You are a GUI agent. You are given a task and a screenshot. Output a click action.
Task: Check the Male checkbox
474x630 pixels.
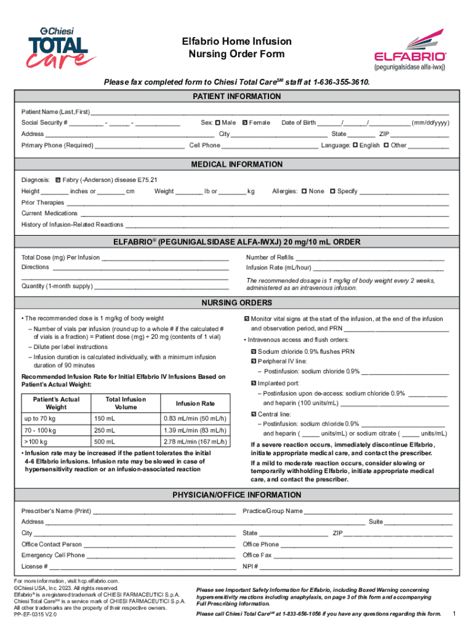[x=218, y=123]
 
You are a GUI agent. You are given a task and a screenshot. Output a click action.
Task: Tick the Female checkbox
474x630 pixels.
[x=245, y=123]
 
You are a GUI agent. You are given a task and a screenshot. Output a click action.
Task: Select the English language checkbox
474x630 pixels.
[x=355, y=146]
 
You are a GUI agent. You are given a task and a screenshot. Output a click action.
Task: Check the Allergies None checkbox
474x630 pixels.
[x=305, y=191]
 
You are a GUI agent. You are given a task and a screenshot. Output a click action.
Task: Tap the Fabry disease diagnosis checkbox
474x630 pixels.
[x=57, y=180]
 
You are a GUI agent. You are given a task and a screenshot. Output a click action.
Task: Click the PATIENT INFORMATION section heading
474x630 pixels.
[x=237, y=97]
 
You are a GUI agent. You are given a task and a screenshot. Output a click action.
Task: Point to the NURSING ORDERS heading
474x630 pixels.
[x=237, y=303]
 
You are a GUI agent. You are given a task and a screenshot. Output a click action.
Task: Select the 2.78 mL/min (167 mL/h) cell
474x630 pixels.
[x=195, y=442]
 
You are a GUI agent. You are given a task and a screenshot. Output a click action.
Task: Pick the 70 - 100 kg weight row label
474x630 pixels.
[x=40, y=430]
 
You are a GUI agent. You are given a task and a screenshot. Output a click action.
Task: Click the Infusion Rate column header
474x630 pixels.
[x=195, y=404]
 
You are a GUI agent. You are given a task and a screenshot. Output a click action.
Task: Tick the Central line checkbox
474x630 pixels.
[x=253, y=415]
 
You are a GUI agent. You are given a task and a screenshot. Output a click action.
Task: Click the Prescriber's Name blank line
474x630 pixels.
[x=164, y=512]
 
